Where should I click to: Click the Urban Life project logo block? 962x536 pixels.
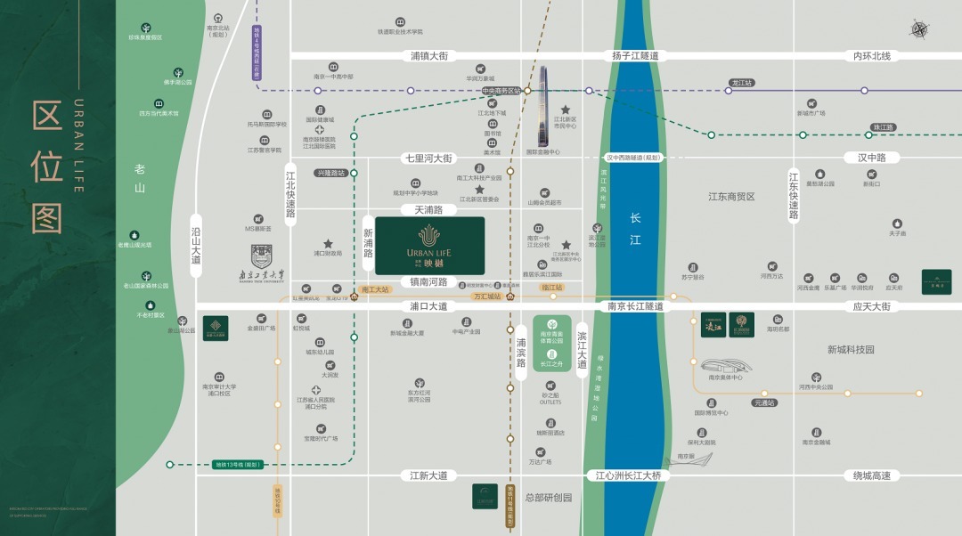[429, 245]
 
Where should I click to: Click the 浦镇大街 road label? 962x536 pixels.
[429, 55]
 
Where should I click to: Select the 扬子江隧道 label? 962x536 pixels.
[635, 55]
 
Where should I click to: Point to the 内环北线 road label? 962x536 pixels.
[872, 55]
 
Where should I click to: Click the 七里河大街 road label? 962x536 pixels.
[429, 158]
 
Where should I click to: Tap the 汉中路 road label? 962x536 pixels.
[872, 158]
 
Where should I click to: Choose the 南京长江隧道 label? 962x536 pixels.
[636, 306]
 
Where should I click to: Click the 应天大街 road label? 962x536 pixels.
[872, 306]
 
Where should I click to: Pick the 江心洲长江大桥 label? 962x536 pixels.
[629, 475]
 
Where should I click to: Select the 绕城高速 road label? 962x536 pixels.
[872, 475]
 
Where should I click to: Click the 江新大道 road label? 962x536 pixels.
[428, 475]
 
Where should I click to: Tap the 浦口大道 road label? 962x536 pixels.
[428, 306]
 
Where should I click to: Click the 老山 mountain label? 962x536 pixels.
[140, 178]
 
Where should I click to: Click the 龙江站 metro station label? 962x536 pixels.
[742, 83]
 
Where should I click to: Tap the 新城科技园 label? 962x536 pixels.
[851, 350]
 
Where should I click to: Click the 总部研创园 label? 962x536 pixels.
[549, 498]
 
